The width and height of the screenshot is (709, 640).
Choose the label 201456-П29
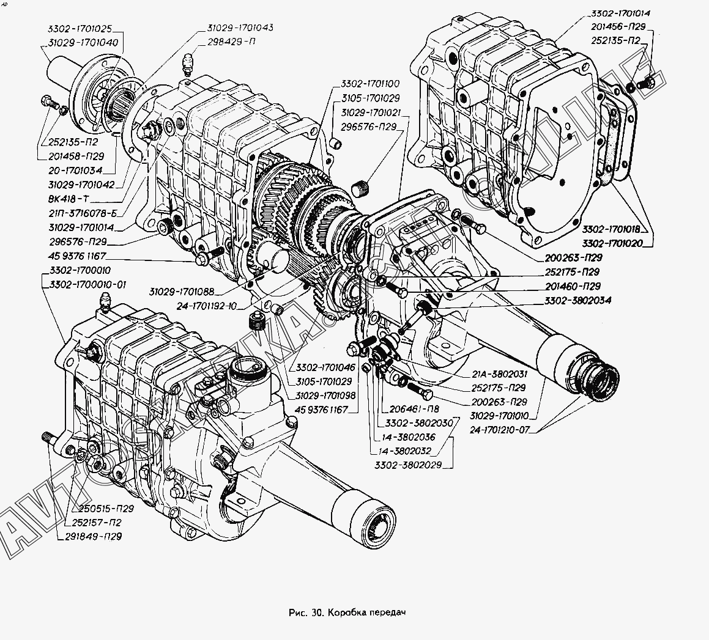tap(618, 28)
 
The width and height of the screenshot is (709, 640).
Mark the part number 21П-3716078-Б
tap(83, 213)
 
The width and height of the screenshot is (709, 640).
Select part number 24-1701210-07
tap(502, 429)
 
